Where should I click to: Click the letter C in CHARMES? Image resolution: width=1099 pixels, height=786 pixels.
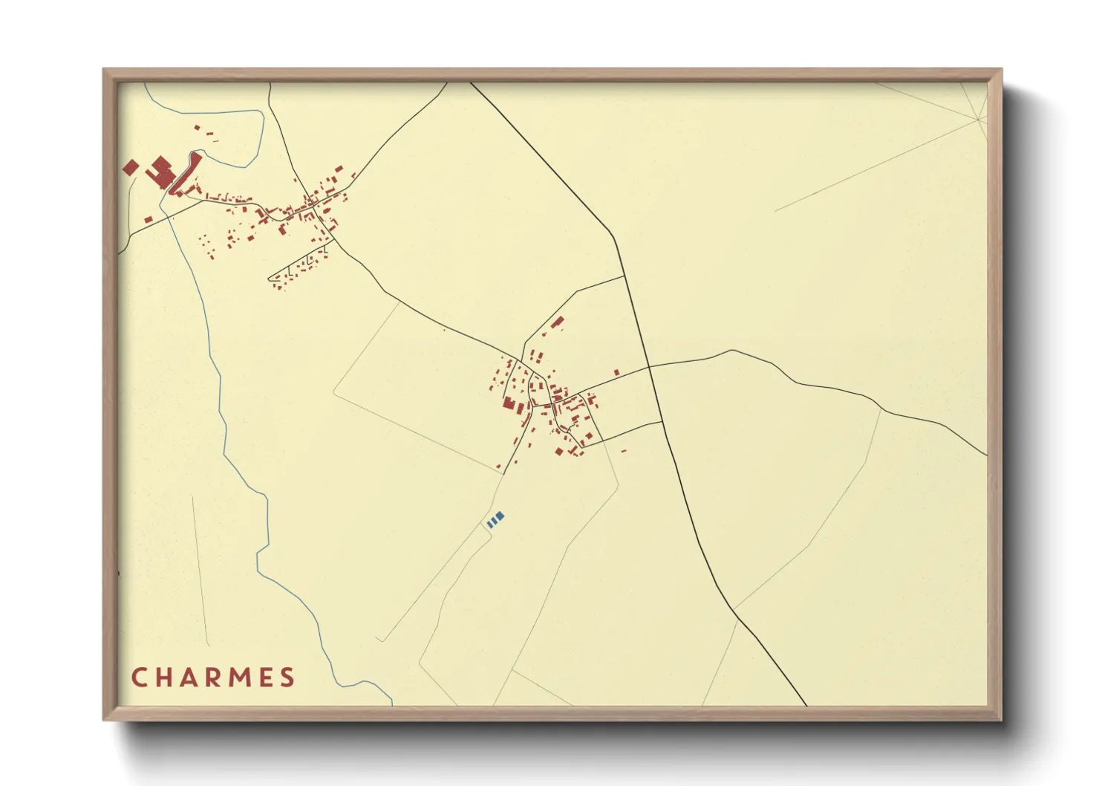138,678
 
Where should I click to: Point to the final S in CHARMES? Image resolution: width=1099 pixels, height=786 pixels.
287,678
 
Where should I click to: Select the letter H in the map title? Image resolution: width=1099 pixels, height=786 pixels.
162,678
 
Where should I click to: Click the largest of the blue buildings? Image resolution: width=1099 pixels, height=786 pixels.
500,515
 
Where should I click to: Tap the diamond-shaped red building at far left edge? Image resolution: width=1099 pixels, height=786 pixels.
131,167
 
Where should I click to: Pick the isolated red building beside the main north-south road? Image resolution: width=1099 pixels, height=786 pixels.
616,372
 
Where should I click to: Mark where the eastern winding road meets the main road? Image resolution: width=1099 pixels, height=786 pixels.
650,366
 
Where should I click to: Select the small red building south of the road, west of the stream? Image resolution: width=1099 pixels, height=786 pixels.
149,220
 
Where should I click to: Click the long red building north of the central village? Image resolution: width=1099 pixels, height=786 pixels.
558,322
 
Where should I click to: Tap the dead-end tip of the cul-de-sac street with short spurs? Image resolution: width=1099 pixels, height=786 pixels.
269,279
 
